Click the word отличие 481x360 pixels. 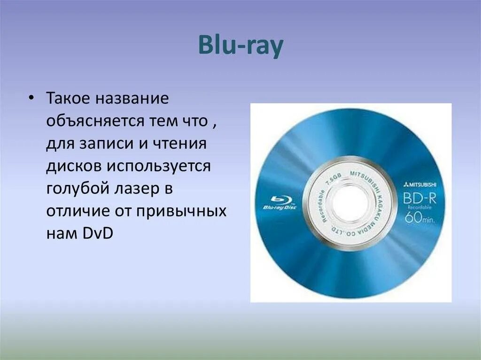pos(77,210)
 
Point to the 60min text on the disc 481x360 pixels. pos(421,218)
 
